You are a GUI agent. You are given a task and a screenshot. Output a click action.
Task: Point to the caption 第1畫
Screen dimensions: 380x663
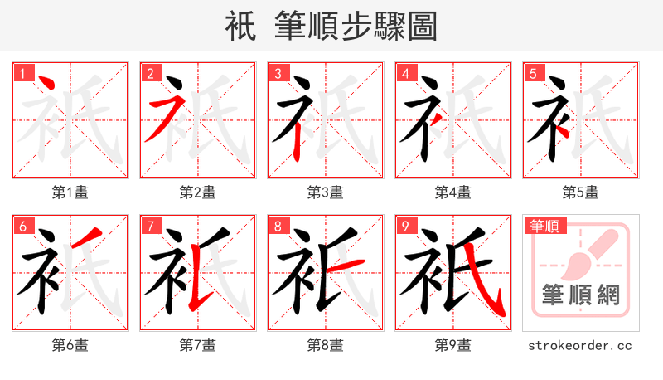click(70, 192)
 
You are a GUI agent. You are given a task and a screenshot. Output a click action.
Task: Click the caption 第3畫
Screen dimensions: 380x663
click(326, 192)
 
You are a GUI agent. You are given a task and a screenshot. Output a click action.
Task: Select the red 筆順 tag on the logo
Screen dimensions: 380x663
click(544, 226)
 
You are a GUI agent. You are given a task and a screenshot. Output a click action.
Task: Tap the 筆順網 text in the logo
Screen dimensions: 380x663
click(580, 295)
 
